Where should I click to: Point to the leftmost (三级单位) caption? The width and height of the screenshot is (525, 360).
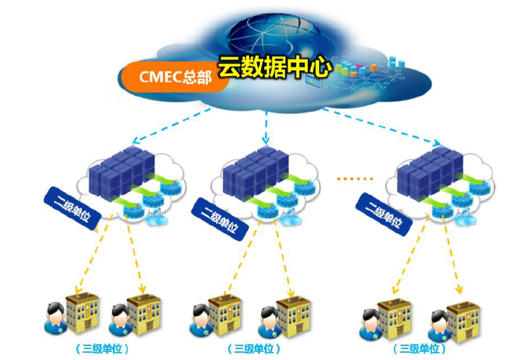(x=101, y=347)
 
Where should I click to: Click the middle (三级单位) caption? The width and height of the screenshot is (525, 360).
(x=254, y=347)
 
